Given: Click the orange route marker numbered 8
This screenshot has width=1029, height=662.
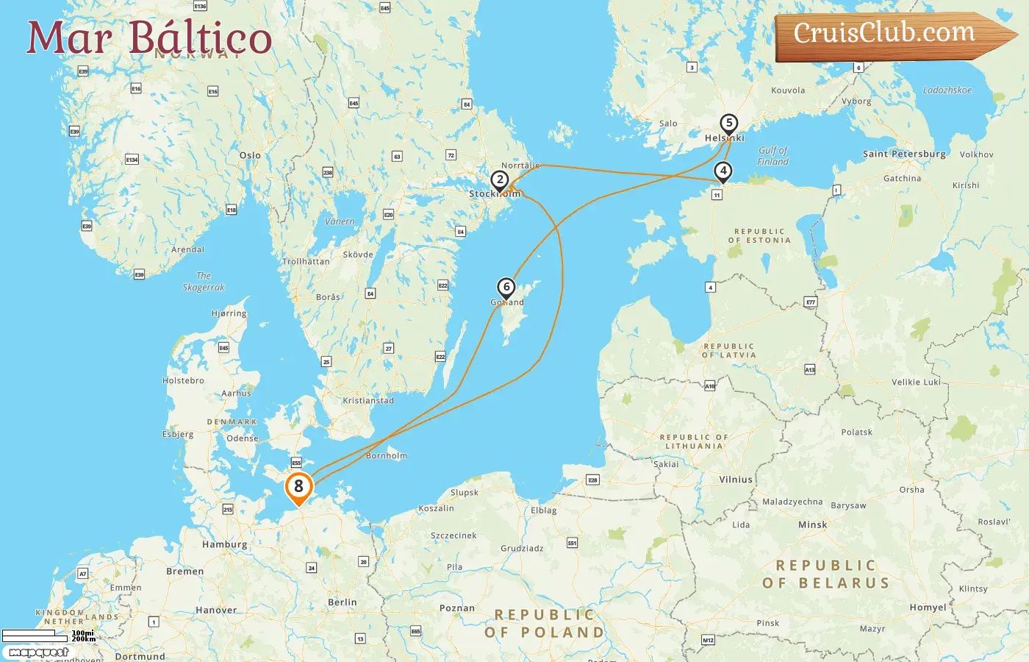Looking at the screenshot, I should [x=298, y=487].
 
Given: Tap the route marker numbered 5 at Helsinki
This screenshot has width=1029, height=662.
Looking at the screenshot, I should [x=728, y=124].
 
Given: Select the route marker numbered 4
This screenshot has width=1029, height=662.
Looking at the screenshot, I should [x=723, y=171].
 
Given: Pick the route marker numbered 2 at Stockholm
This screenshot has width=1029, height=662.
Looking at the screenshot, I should [x=500, y=180].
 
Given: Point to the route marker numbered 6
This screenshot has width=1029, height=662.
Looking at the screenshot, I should [x=506, y=288].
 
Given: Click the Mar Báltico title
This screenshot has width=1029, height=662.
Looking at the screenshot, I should [x=149, y=38].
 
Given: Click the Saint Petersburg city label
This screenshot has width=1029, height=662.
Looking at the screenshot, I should [x=904, y=154].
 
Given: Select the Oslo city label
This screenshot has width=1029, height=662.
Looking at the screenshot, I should [x=250, y=155].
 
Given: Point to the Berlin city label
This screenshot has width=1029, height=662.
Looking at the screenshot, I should [x=342, y=602].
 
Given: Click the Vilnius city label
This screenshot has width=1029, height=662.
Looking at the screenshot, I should [x=736, y=480].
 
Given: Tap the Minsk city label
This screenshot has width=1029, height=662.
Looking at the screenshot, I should [x=812, y=525].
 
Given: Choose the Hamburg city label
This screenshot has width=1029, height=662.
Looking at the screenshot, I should [x=224, y=545].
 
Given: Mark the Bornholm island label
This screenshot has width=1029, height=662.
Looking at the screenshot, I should [x=387, y=456].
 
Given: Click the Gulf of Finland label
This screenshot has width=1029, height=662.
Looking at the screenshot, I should [x=773, y=156].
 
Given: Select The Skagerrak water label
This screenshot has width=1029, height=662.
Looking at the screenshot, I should [x=203, y=282].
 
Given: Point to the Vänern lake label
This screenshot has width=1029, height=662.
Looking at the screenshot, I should [x=340, y=221].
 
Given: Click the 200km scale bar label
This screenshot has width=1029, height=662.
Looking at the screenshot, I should [x=83, y=639].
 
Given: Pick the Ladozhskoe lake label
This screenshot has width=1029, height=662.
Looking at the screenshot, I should [x=947, y=90].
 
